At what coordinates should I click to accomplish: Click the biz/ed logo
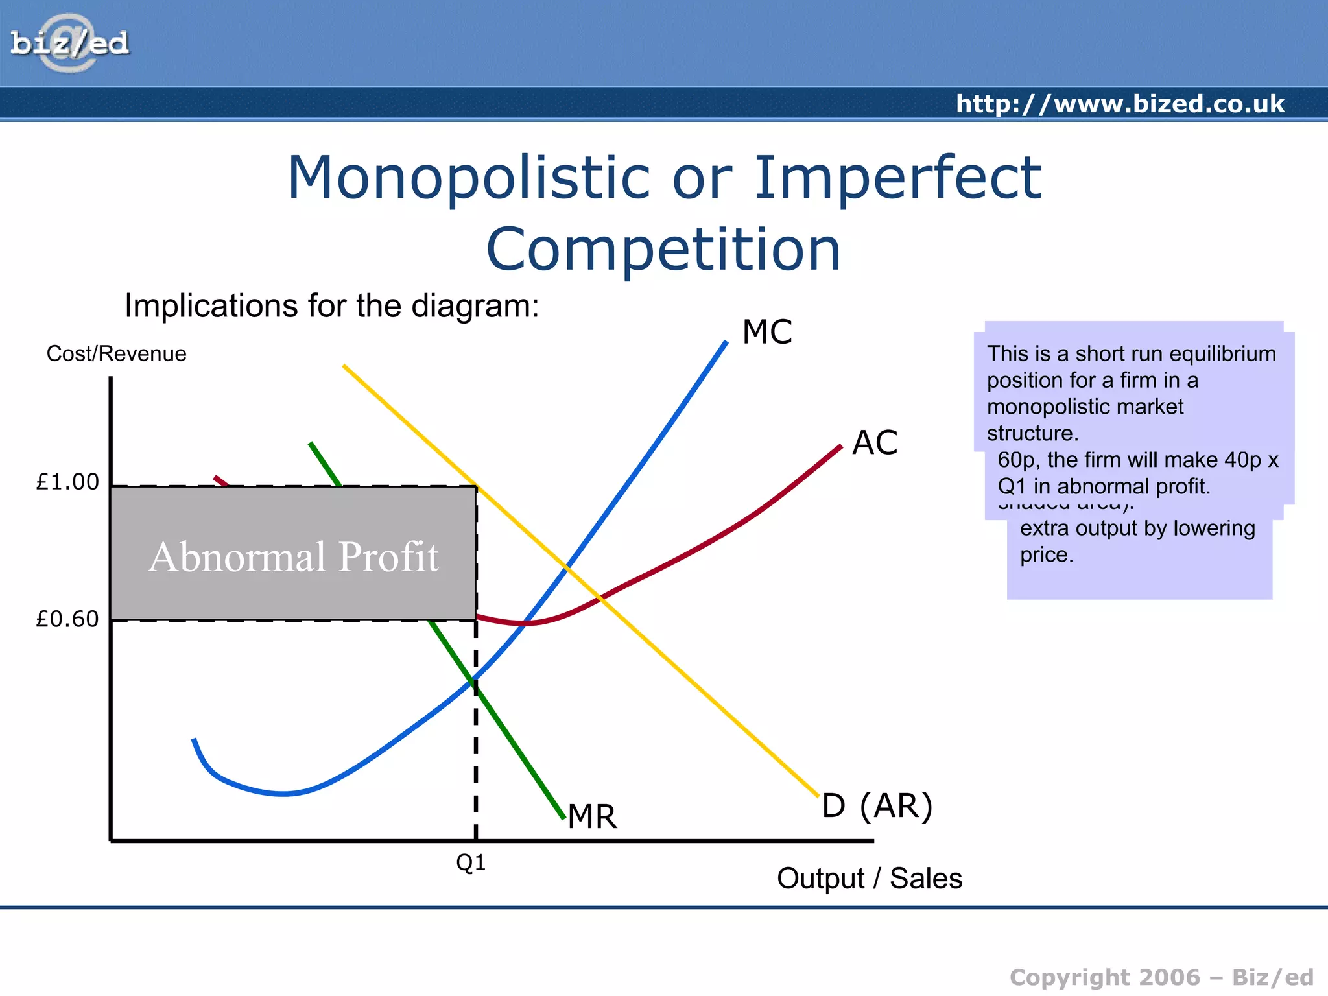[69, 43]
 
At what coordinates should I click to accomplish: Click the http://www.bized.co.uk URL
[1120, 104]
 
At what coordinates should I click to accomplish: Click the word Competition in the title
[663, 250]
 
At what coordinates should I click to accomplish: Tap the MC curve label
[766, 332]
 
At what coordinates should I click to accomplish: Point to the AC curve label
[874, 443]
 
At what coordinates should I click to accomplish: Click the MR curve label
[592, 816]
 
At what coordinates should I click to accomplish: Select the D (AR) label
[877, 806]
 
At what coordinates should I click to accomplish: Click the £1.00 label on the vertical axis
[67, 482]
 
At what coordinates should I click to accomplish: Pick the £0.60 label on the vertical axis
[67, 619]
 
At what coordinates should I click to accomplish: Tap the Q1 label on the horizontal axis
[471, 862]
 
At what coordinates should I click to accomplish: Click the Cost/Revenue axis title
[117, 353]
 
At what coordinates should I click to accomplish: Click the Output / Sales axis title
[869, 879]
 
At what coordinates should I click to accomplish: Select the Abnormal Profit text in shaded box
[294, 556]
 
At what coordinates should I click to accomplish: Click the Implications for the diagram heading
[331, 305]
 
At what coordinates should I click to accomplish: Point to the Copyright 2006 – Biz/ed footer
[1161, 977]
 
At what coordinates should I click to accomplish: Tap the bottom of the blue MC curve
[283, 793]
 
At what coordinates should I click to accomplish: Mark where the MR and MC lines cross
[473, 680]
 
